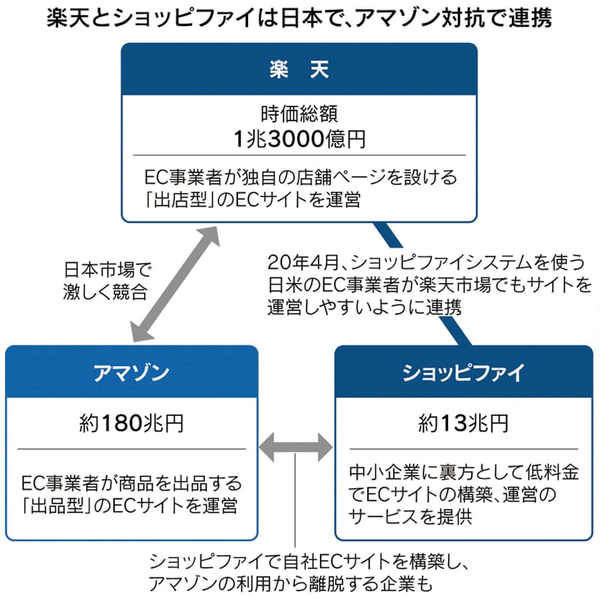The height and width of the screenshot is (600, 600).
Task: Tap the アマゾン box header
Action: coord(132,373)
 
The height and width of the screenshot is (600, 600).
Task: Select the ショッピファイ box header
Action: coord(463,373)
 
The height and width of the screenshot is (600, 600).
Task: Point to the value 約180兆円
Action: coord(132,423)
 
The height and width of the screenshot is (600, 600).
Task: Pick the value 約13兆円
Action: coord(463,423)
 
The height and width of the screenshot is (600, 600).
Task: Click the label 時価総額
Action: coord(299,115)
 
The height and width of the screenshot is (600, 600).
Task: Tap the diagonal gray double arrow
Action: coord(175,283)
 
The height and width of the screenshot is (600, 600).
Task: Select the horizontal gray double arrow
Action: coord(295,445)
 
